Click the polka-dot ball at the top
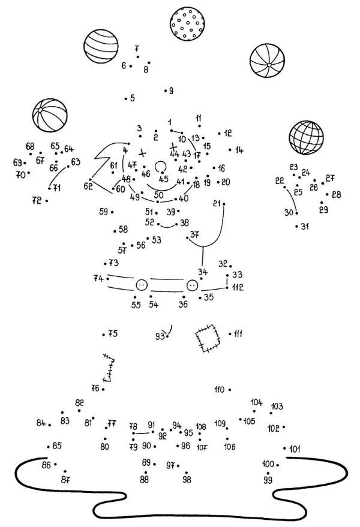pos(187,24)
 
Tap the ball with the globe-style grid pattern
pos(306,137)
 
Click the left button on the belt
pos(142,285)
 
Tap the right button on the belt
pos(192,285)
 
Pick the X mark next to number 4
pos(142,152)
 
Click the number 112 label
pos(238,288)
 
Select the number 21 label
pos(217,204)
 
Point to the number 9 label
pos(171,91)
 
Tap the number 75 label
pos(113,334)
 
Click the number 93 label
pos(159,336)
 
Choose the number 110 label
pos(218,390)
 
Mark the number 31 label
pos(305,226)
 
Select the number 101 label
pos(295,448)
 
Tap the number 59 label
pos(104,212)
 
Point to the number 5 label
pos(132,98)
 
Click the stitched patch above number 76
pos(109,367)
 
